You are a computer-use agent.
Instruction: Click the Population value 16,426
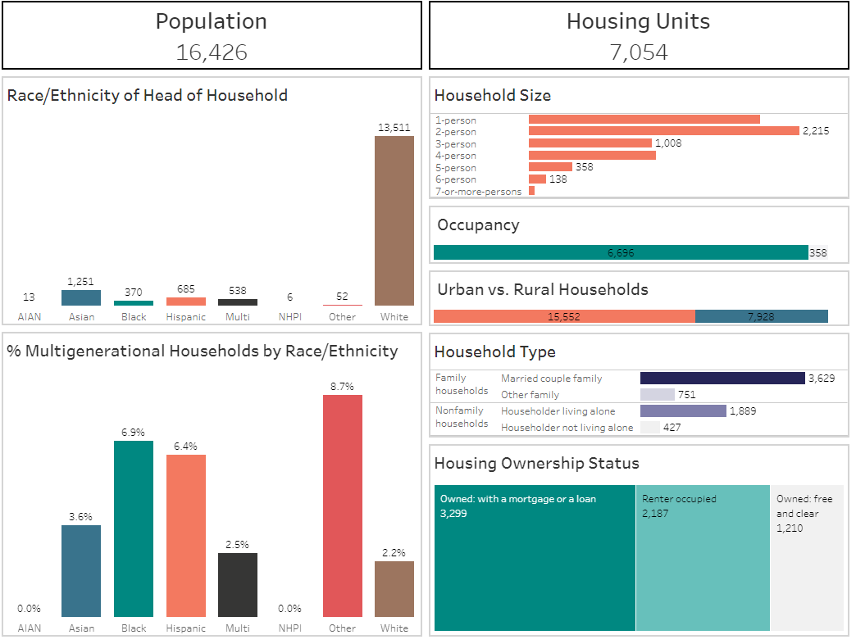pyautogui.click(x=212, y=52)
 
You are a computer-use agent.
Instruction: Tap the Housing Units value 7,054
pyautogui.click(x=638, y=52)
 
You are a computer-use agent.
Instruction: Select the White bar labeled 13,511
pyautogui.click(x=394, y=220)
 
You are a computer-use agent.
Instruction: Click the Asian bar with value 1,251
pyautogui.click(x=81, y=298)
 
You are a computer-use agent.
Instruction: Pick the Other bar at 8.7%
pyautogui.click(x=342, y=506)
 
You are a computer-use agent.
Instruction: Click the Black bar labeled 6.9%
pyautogui.click(x=134, y=528)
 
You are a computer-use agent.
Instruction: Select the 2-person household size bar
pyautogui.click(x=663, y=131)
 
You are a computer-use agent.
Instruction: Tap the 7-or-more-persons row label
pyautogui.click(x=478, y=192)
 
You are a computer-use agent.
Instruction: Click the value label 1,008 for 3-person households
pyautogui.click(x=668, y=143)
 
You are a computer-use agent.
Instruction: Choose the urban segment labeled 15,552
pyautogui.click(x=564, y=316)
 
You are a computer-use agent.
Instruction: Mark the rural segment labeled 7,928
pyautogui.click(x=761, y=316)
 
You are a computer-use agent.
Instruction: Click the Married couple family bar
pyautogui.click(x=722, y=379)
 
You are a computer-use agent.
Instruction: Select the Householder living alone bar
pyautogui.click(x=683, y=411)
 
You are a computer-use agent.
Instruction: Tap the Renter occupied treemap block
pyautogui.click(x=703, y=557)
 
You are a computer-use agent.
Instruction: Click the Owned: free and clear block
pyautogui.click(x=807, y=557)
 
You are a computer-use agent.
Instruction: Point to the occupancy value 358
pyautogui.click(x=818, y=253)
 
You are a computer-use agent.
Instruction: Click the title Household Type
pyautogui.click(x=494, y=352)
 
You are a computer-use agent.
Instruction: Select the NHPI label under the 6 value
pyautogui.click(x=289, y=317)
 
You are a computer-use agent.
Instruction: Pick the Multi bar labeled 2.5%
pyautogui.click(x=238, y=584)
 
